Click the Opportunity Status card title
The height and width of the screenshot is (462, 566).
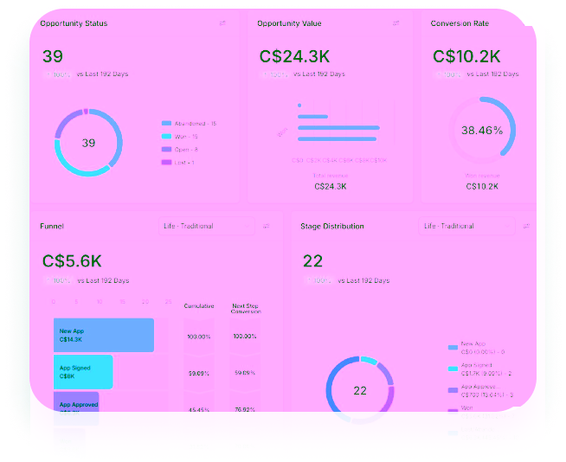point(74,23)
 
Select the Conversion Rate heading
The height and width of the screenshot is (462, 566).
point(461,23)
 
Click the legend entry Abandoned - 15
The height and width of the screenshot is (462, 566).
point(189,124)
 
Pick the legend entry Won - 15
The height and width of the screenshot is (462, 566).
point(180,137)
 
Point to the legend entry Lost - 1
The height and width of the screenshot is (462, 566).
point(179,163)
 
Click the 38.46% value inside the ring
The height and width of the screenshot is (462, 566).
point(482,131)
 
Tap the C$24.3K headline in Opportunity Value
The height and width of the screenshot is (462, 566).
point(293,56)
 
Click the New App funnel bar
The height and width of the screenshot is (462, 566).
point(104,336)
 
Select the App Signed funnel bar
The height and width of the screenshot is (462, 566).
point(83,372)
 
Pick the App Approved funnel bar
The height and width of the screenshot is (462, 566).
point(78,408)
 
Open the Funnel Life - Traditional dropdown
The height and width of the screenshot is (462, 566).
point(206,227)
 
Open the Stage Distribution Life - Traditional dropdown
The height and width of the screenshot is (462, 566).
point(466,227)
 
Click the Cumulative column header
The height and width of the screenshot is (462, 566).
point(198,306)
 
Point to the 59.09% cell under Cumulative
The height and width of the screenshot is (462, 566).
point(198,373)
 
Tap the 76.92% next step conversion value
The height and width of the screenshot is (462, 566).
point(245,409)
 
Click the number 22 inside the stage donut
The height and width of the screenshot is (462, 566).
point(360,390)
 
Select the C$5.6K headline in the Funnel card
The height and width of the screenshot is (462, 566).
point(72,260)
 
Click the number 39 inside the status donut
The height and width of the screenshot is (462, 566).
point(88,143)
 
